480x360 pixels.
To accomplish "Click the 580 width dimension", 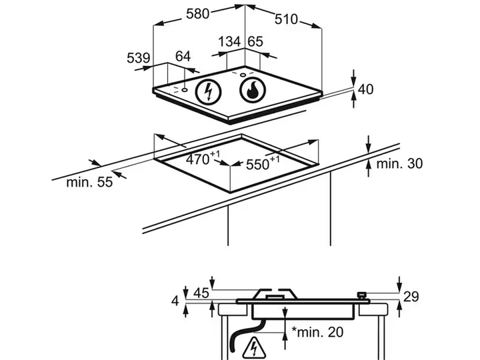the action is [198, 14].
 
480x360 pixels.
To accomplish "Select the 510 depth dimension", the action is [286, 19].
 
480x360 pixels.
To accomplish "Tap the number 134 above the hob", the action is [229, 41].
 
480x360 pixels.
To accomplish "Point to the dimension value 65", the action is [255, 41].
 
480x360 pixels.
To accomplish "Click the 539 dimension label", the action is [139, 58].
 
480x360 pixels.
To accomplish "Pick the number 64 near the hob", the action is [183, 56].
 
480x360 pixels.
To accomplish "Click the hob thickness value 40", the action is [365, 89].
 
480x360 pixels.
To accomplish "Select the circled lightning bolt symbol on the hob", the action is [209, 91].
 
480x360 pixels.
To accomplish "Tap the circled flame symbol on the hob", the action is [253, 90].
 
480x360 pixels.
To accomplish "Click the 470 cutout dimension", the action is [203, 158].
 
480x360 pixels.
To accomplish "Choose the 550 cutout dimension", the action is [263, 163].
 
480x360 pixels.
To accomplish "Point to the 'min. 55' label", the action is [89, 182].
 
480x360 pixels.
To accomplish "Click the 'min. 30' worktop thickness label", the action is [399, 163].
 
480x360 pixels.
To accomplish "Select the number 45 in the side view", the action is [201, 293].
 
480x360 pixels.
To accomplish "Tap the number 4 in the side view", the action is [175, 301].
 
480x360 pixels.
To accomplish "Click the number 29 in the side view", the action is [411, 297].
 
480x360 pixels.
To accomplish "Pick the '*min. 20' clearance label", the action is [317, 332].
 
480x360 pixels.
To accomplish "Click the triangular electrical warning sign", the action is [254, 349].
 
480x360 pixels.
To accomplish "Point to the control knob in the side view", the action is [361, 295].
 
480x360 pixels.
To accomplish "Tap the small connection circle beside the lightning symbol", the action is [185, 90].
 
